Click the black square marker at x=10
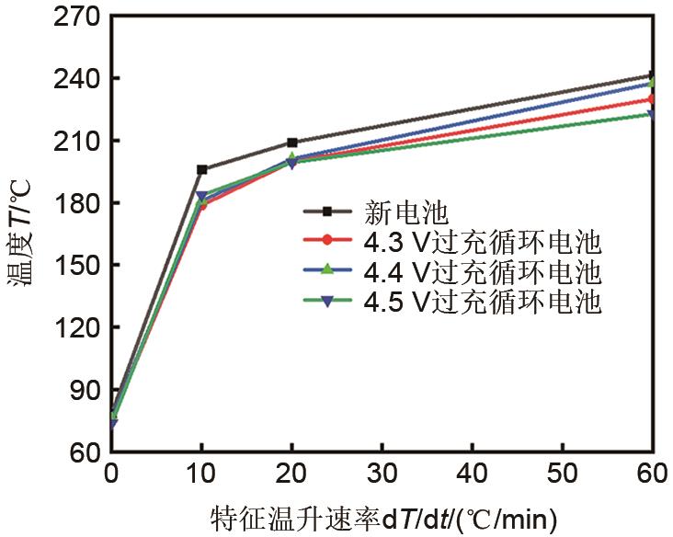(202, 169)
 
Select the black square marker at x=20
(292, 143)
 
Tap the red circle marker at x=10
(202, 204)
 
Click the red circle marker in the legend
(328, 243)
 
